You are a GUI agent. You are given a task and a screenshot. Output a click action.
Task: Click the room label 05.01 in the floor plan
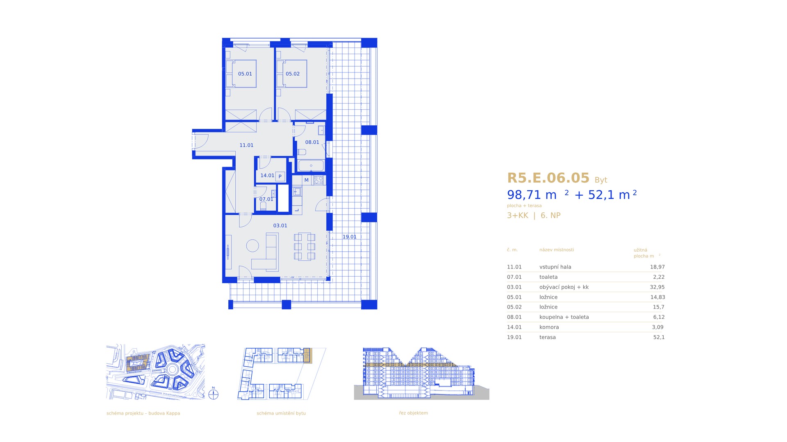tap(245, 74)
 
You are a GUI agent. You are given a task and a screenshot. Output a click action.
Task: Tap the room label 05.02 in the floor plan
tap(293, 74)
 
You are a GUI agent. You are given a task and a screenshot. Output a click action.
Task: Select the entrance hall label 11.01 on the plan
tap(246, 145)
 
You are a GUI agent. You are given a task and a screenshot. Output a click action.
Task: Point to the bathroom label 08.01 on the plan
tap(312, 142)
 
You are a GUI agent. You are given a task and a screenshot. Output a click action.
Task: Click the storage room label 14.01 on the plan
tap(267, 176)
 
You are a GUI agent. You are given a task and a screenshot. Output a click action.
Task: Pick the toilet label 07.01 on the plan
tap(266, 199)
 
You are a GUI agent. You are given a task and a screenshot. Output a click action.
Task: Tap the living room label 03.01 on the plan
tap(280, 226)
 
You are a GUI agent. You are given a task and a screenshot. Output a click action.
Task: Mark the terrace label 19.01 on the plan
tap(350, 237)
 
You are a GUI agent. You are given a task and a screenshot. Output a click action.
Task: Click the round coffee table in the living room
tap(252, 246)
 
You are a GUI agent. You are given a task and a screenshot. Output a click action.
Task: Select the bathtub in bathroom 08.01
tap(311, 166)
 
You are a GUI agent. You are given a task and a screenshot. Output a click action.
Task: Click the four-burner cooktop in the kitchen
tap(318, 180)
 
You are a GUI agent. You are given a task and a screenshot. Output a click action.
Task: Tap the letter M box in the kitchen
tap(306, 180)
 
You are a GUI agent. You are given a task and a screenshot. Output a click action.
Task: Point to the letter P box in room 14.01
tap(280, 176)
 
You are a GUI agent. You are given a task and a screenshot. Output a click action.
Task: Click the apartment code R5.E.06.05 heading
tap(548, 178)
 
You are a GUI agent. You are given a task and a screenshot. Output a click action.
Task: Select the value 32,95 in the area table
tap(657, 287)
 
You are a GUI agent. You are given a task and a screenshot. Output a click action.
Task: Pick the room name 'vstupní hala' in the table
tap(555, 267)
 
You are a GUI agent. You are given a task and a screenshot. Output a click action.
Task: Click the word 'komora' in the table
tap(549, 327)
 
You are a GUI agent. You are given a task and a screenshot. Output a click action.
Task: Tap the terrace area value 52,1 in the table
tap(659, 337)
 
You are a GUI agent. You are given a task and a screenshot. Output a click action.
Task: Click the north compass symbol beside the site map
tap(213, 394)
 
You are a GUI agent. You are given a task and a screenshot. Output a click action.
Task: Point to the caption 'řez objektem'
tap(413, 413)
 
